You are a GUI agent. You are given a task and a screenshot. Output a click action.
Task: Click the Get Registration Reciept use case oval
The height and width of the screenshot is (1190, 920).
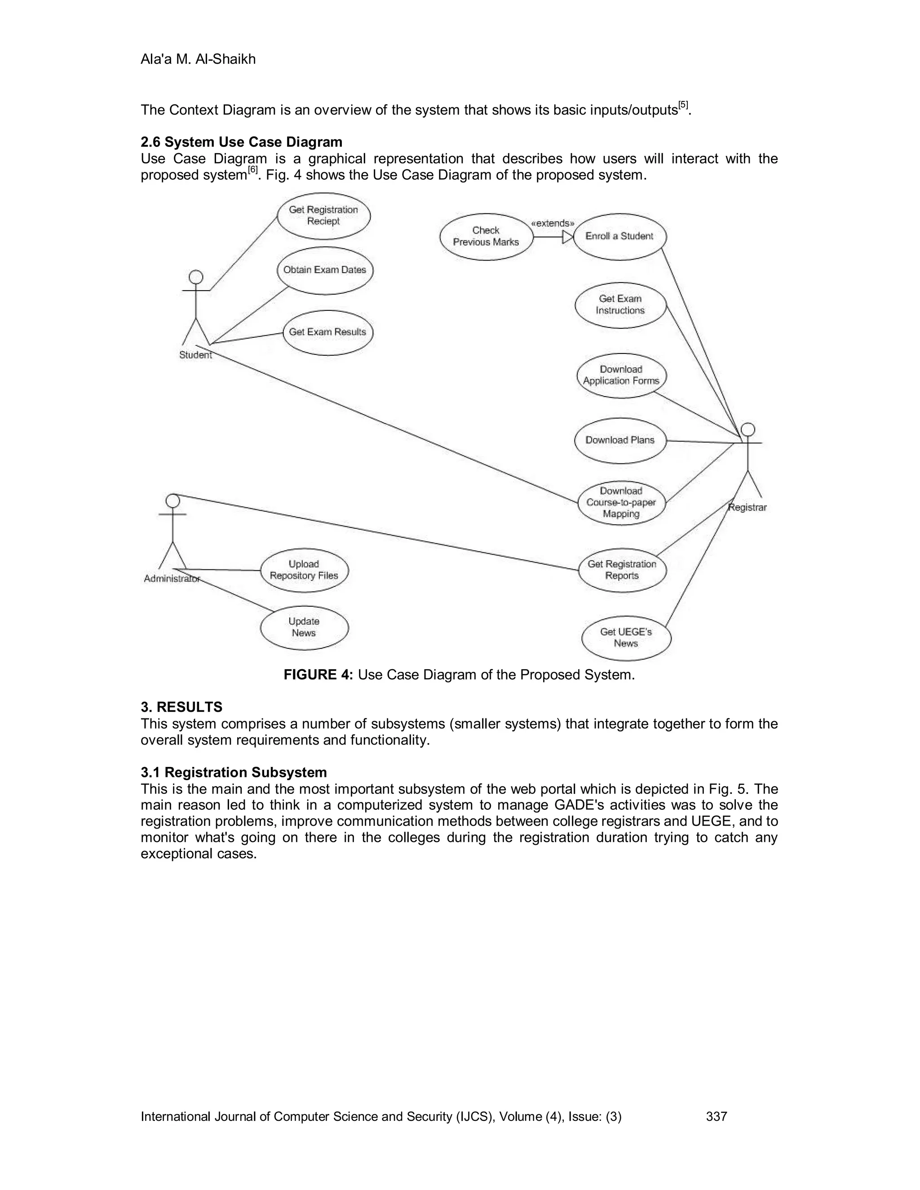click(x=324, y=216)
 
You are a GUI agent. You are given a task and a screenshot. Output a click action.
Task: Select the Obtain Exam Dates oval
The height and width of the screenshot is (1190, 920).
click(x=325, y=270)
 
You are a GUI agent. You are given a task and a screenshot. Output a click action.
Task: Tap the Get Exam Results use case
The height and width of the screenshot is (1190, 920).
click(x=327, y=332)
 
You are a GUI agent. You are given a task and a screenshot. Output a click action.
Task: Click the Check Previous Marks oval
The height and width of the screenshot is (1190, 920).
click(x=486, y=237)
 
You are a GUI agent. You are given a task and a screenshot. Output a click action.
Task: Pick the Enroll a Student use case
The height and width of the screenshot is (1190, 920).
click(x=619, y=237)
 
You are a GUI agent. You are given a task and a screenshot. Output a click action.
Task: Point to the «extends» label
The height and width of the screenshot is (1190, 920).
click(x=552, y=223)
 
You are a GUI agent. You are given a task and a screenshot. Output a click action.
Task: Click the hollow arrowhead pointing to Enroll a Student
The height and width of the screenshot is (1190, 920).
click(x=567, y=237)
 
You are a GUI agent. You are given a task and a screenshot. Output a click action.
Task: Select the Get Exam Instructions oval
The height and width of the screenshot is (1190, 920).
click(x=620, y=305)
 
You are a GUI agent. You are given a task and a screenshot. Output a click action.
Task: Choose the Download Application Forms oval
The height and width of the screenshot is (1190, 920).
click(x=621, y=375)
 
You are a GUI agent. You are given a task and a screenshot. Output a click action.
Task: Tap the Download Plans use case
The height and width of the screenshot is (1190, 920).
click(x=620, y=440)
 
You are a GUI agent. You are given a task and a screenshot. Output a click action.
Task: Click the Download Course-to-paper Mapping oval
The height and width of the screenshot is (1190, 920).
click(x=621, y=502)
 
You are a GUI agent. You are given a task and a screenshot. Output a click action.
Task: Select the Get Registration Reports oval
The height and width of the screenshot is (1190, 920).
click(x=622, y=570)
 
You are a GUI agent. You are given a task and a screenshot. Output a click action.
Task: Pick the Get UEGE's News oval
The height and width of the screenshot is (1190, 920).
click(x=626, y=638)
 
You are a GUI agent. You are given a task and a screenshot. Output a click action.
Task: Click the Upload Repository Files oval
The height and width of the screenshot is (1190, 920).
click(x=304, y=570)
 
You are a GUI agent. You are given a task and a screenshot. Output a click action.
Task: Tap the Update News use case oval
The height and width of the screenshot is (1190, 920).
click(x=304, y=628)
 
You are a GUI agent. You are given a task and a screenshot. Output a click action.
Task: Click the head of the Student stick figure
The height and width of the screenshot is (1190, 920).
click(x=196, y=278)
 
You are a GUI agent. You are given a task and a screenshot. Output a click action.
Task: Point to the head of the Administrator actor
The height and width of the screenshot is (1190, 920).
click(x=173, y=500)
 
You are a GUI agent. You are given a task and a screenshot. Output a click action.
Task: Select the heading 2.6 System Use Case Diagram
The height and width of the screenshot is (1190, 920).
click(x=241, y=142)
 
